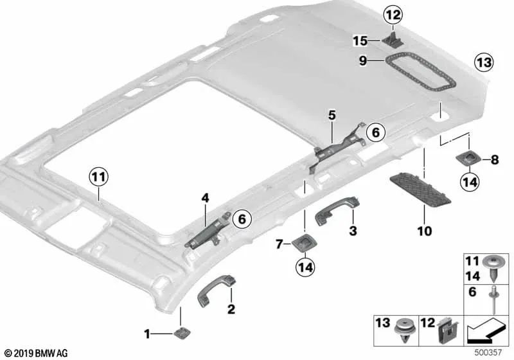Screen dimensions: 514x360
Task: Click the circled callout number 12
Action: pos(393,15)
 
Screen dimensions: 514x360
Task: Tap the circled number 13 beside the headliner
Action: pos(484,62)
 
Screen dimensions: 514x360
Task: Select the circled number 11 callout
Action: pos(99,177)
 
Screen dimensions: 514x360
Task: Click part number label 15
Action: pos(360,41)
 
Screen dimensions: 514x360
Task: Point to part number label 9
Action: pos(362,60)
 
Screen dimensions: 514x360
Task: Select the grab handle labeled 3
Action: pos(335,210)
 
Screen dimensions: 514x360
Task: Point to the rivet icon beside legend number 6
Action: pos(493,300)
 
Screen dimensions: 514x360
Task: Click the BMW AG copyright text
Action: pos(37,353)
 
